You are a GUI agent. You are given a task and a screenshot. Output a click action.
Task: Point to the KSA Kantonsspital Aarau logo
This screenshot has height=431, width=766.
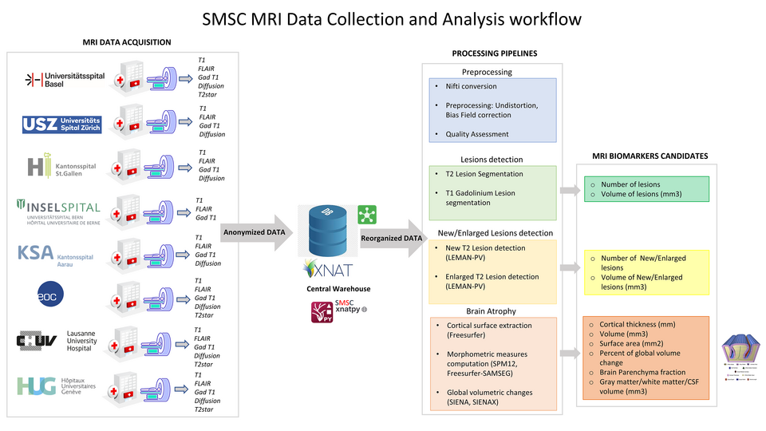(55, 254)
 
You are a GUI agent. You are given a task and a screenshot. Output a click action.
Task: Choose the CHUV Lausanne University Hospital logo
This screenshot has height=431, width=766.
(57, 341)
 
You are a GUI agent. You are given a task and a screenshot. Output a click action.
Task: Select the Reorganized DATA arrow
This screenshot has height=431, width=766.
(391, 237)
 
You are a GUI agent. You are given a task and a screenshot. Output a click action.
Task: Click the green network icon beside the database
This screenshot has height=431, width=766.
(367, 213)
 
